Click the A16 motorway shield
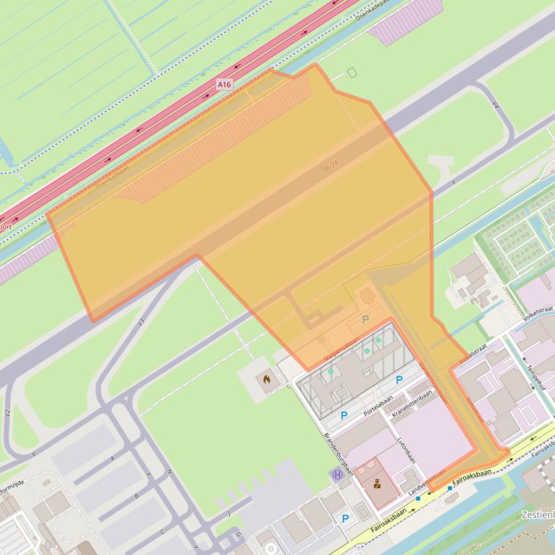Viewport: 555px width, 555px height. pos(225,85)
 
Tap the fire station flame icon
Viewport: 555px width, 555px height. pos(267,378)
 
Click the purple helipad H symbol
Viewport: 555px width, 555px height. pos(337,474)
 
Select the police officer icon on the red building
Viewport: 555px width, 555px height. pos(377,484)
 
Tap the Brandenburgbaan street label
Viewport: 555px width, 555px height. pos(338,453)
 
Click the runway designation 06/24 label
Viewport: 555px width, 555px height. pos(331,166)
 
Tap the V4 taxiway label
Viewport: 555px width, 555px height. pos(496,105)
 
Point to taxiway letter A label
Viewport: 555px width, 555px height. pos(112,458)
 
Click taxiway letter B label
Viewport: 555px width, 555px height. pos(136,496)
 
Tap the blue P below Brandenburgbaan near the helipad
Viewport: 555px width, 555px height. pos(345,518)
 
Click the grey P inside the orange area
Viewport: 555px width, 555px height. pos(365,319)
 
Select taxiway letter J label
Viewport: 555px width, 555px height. pos(228,513)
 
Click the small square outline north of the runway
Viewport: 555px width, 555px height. pos(352,72)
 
